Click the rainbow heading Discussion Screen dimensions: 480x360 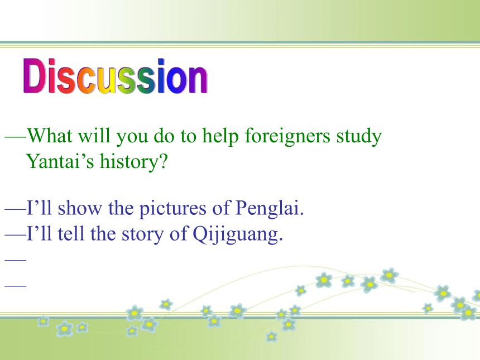coord(116,76)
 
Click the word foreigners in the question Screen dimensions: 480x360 coord(287,137)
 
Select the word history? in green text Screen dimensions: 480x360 coord(134,161)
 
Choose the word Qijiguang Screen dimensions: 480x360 coord(238,235)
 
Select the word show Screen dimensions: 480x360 coord(80,208)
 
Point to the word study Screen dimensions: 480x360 coord(359,137)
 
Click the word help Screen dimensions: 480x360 coord(220,136)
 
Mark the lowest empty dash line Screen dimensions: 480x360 coord(16,286)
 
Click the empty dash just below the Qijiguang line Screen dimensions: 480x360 coord(16,260)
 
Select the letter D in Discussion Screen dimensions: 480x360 coord(34,76)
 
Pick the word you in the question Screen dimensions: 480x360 coord(132,138)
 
